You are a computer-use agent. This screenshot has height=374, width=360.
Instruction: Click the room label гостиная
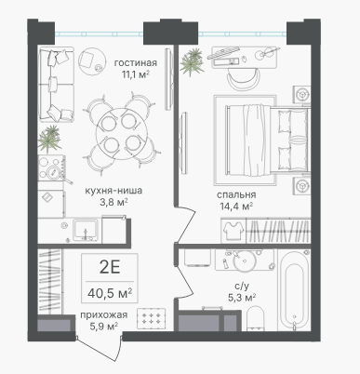pos(136,63)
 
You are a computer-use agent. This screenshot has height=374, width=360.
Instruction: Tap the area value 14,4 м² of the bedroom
pos(236,207)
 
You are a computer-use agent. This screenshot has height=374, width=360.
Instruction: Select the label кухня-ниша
pos(113,191)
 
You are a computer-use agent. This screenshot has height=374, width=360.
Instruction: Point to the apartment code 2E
pos(110,267)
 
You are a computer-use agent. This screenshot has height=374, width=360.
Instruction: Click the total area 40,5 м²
pos(110,293)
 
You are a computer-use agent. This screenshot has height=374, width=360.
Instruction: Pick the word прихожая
pos(104,315)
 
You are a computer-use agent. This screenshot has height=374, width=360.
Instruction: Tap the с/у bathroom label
pos(242,287)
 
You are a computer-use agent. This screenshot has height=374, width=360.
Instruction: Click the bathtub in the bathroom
pos(294,290)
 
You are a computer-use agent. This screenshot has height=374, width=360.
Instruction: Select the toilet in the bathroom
pos(255,318)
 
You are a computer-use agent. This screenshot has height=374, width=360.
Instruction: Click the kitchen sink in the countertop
pos(85,230)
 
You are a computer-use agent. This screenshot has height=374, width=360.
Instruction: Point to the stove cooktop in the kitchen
pos(51,167)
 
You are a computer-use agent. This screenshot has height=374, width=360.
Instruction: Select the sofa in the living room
pos(56,84)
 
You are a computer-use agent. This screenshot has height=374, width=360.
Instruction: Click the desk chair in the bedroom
pos(244,80)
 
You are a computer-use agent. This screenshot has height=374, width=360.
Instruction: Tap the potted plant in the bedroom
pos(192,62)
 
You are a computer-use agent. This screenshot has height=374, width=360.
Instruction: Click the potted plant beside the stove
pos(49,139)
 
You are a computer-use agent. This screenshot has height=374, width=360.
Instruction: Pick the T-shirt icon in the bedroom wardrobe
pos(233,231)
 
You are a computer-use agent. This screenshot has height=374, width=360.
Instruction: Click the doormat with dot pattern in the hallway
pos(151,318)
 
